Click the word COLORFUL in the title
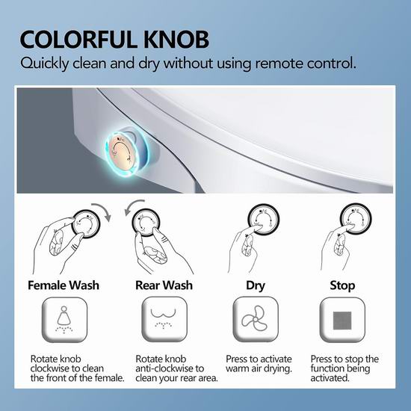point(78,40)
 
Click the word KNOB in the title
point(176,40)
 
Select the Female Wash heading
point(64,285)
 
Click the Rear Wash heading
point(164,285)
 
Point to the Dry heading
point(256,286)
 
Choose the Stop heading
point(342,285)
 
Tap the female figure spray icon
point(64,320)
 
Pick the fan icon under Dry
point(254,319)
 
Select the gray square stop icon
point(342,321)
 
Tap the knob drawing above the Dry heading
point(264,219)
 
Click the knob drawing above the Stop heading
point(356,219)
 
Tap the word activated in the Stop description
point(330,378)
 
